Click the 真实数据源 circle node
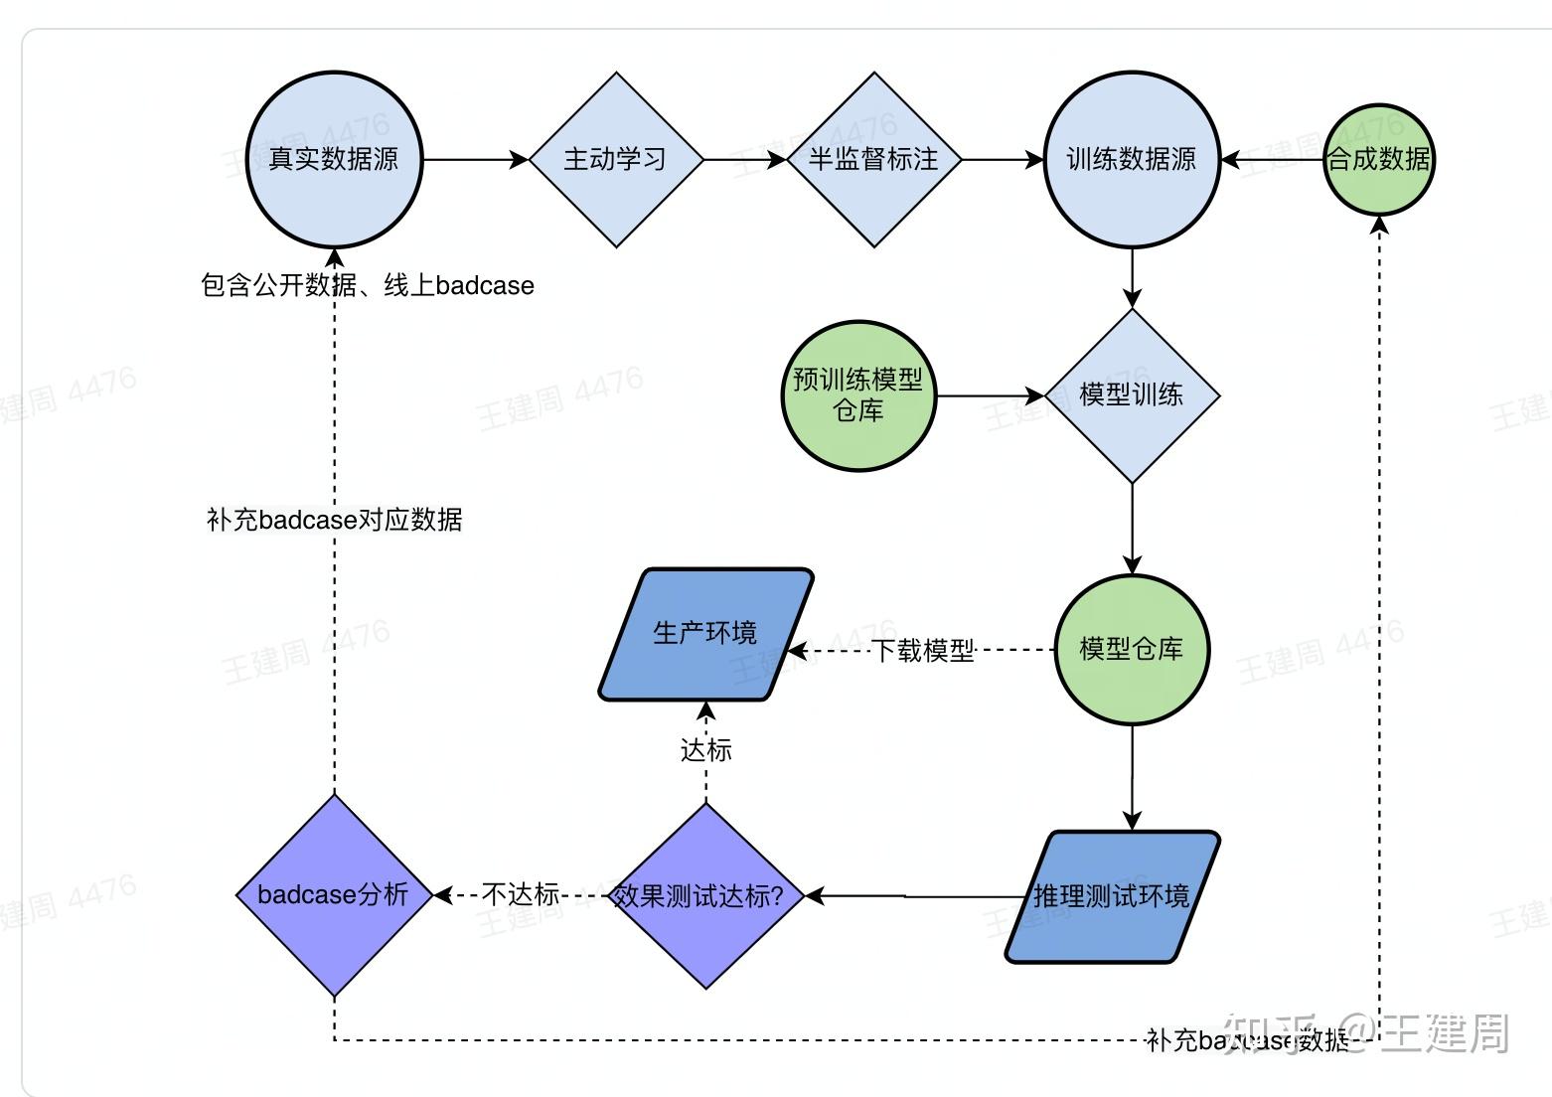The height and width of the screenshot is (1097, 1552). tap(335, 159)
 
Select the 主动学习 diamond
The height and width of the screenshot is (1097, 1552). tap(616, 159)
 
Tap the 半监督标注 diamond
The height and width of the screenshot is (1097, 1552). tap(873, 159)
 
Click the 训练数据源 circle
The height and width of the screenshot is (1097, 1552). tap(1132, 159)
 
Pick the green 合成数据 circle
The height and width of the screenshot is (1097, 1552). tap(1379, 159)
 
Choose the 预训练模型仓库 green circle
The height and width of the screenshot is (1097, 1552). tap(858, 395)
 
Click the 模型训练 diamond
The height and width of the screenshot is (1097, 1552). tap(1132, 395)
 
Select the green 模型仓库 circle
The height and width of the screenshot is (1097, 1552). tap(1132, 650)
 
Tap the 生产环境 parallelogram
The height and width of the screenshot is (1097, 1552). tap(705, 634)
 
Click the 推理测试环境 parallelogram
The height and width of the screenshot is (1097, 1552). tap(1112, 896)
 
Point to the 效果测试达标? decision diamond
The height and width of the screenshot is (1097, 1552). tap(705, 896)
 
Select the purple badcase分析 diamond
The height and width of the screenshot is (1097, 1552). tap(334, 895)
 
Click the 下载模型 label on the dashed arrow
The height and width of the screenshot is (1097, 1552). tap(923, 651)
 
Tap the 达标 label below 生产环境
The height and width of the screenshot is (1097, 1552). tap(705, 750)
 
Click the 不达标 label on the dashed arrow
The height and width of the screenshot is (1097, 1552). tap(521, 895)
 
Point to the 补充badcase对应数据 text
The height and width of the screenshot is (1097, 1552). tap(334, 520)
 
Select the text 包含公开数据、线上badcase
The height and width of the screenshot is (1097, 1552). tap(368, 286)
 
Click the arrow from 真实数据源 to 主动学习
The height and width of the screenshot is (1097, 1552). tap(475, 159)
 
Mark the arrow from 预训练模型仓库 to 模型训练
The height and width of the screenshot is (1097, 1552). tap(990, 395)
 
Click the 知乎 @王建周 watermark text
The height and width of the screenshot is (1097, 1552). tap(1366, 1033)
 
